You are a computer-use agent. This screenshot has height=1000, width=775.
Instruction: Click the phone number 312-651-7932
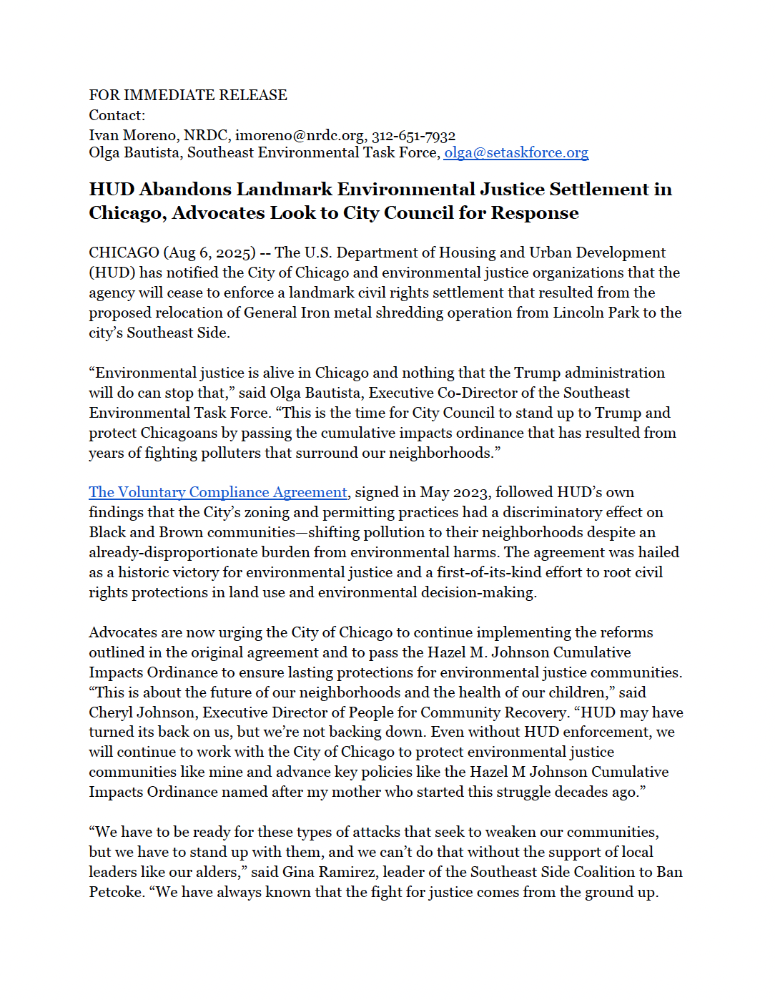coord(413,136)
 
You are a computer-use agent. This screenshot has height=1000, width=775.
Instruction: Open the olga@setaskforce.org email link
coord(516,153)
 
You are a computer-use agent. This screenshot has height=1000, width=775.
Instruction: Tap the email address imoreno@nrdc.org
coord(300,136)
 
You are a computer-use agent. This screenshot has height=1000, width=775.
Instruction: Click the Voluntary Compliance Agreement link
coord(218,493)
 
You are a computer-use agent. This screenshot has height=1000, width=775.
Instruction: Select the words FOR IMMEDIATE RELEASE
coord(188,95)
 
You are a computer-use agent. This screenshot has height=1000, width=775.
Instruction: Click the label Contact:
coord(117,116)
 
